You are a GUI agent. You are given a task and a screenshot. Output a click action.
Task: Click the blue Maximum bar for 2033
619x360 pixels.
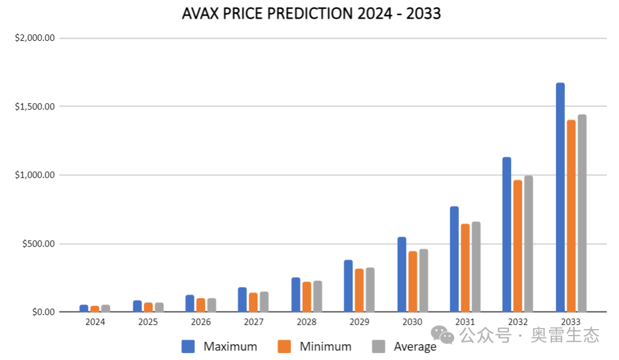pos(560,197)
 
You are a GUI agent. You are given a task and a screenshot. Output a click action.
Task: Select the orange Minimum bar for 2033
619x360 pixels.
pos(571,216)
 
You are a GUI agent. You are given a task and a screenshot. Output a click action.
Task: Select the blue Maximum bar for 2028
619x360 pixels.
pos(296,294)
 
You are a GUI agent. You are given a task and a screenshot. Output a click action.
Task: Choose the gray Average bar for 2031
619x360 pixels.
pos(476,267)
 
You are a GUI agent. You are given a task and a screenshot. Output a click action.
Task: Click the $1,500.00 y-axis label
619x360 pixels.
pos(34,107)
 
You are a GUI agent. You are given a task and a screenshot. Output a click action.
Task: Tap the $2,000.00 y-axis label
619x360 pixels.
pos(34,38)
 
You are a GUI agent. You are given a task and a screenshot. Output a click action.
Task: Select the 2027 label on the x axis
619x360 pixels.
pos(253,322)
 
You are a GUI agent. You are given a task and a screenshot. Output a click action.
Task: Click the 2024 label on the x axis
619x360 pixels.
pos(95,322)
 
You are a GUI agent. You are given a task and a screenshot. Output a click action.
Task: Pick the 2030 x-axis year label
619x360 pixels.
pos(412,322)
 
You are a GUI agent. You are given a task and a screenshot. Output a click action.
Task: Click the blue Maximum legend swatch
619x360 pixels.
pos(188,347)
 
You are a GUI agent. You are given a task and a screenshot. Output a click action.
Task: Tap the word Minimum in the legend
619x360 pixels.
pos(326,347)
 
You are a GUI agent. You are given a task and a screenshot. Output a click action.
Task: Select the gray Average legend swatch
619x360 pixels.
pos(379,347)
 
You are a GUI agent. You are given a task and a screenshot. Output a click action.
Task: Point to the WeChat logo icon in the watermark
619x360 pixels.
pos(443,335)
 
